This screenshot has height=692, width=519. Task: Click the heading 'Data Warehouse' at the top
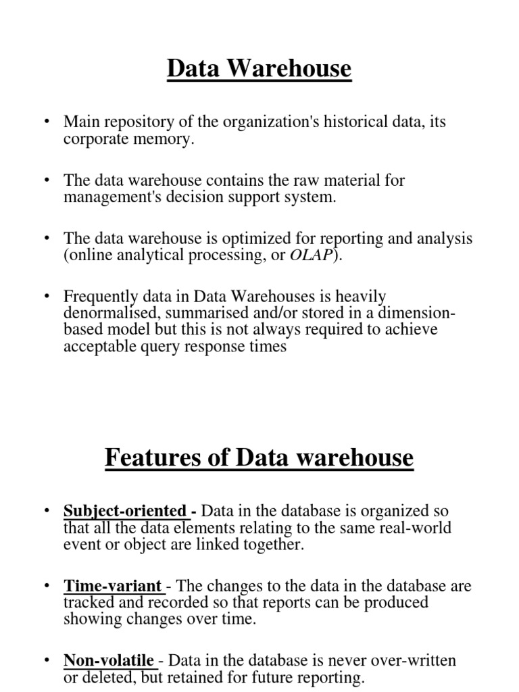(259, 68)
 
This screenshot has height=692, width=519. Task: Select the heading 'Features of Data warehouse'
(259, 458)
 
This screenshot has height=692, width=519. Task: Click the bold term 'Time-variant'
(112, 587)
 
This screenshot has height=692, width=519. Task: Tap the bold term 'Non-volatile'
(109, 660)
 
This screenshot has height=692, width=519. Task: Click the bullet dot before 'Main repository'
(47, 122)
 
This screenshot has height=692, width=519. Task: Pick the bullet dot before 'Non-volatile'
(47, 660)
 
